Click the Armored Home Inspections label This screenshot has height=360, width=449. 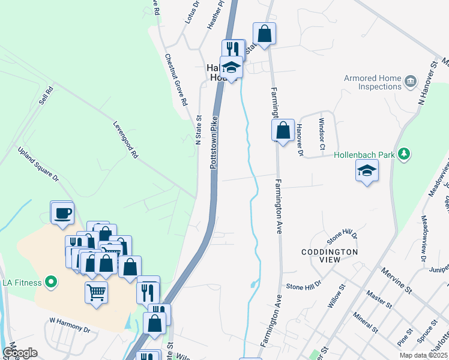tap(372, 82)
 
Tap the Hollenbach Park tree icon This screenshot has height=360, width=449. tap(406, 154)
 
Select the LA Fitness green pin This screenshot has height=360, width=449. tap(51, 281)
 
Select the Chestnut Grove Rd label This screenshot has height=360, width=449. tap(176, 78)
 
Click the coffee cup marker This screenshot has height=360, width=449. tap(62, 213)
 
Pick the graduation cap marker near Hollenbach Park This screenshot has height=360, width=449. tap(367, 171)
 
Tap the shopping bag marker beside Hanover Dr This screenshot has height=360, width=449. tap(282, 130)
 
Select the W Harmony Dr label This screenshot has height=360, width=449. tap(69, 329)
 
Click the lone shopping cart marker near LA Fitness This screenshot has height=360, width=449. tap(97, 293)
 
